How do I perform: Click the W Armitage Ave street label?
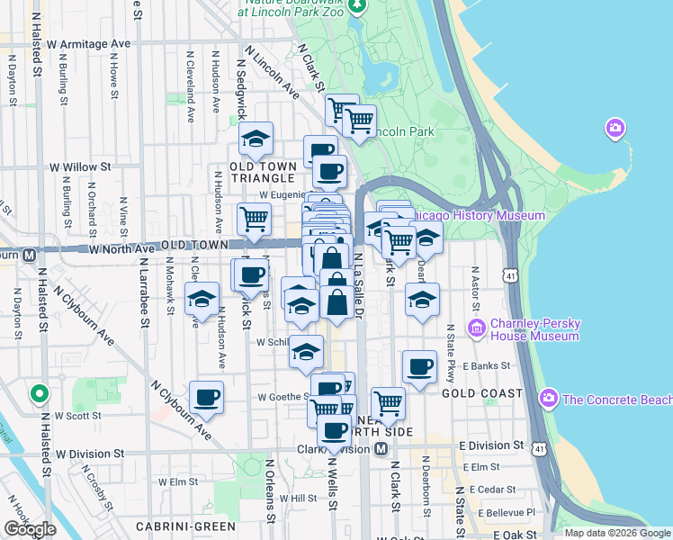[x=89, y=43]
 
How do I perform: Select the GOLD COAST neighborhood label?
[x=482, y=393]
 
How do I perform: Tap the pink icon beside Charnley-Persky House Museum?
[x=477, y=326]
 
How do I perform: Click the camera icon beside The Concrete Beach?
[x=547, y=399]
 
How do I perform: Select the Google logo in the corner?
[x=30, y=529]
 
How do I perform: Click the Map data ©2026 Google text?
[x=616, y=533]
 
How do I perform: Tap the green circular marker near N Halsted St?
[x=39, y=393]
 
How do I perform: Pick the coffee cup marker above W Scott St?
[x=207, y=397]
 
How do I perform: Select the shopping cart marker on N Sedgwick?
[x=255, y=218]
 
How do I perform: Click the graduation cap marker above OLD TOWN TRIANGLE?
[x=256, y=139]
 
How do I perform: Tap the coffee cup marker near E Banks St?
[x=419, y=367]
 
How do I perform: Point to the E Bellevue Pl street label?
[x=507, y=512]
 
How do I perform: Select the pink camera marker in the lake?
[x=616, y=128]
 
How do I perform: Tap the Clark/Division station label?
[x=334, y=448]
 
